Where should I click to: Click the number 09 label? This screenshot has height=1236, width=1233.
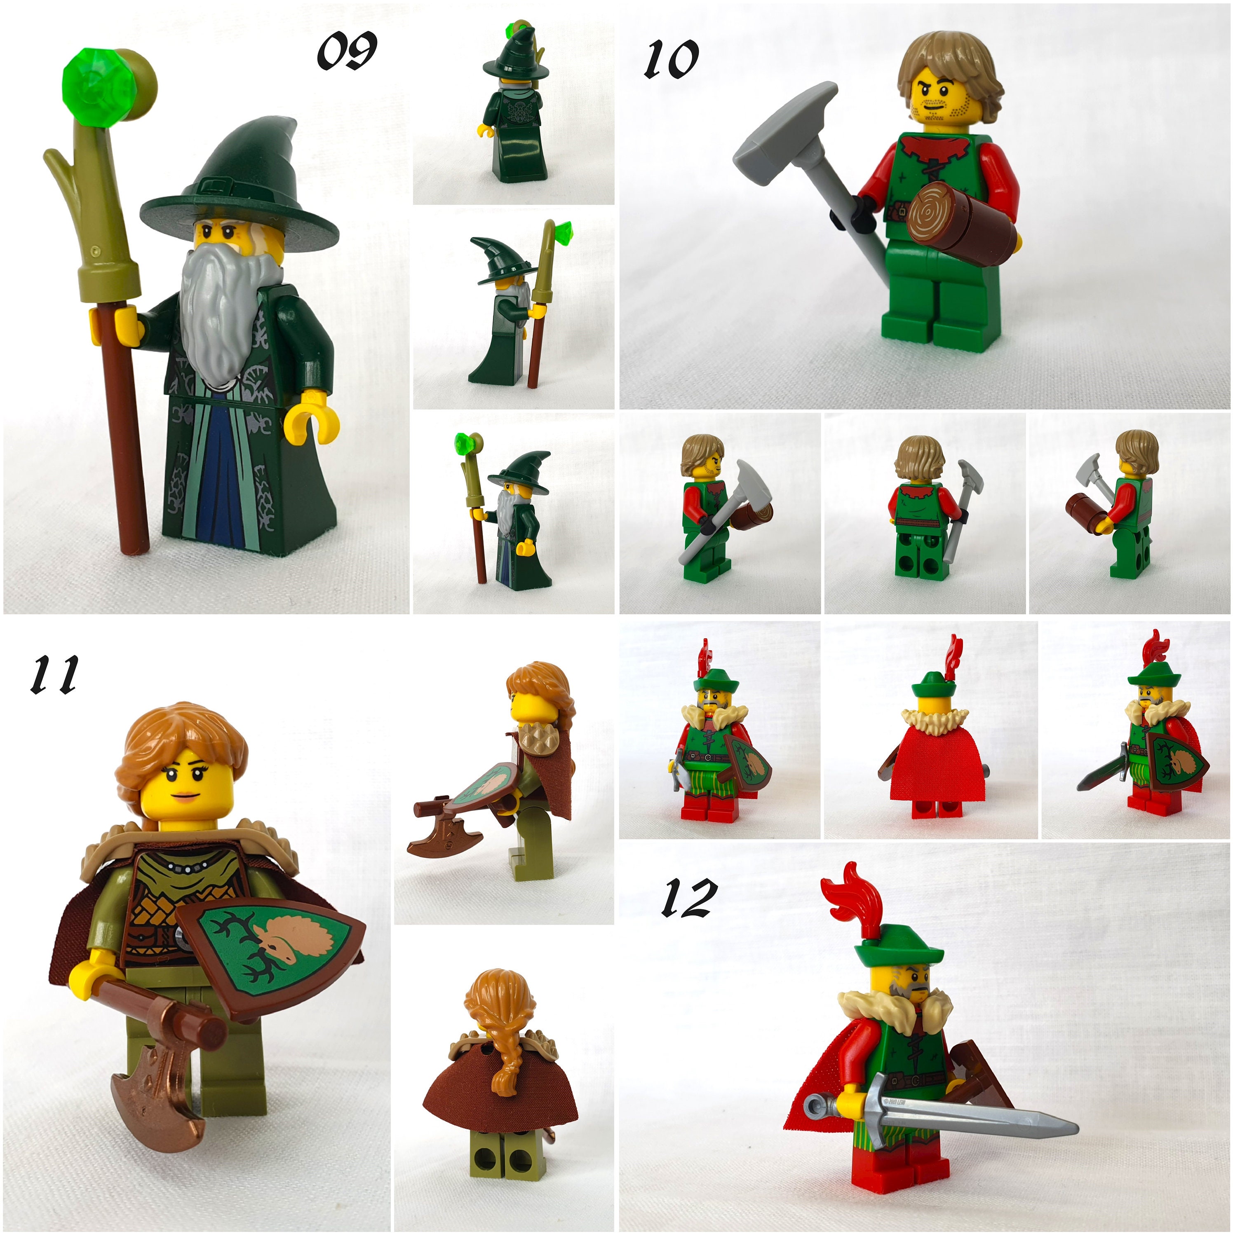[346, 51]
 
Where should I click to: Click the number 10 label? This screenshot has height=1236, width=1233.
[670, 59]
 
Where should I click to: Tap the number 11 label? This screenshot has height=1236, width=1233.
[54, 674]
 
